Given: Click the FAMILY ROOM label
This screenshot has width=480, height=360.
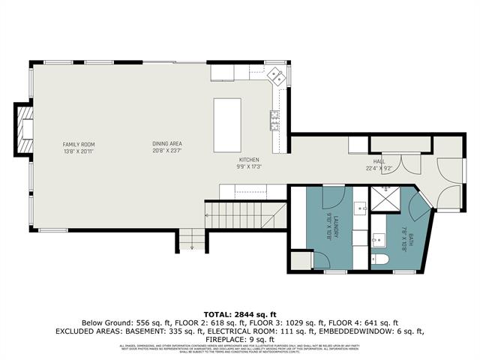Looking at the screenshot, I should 78,143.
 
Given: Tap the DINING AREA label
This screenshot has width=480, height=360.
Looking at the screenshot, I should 167,143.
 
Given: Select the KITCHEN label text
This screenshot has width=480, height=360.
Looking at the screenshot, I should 249,160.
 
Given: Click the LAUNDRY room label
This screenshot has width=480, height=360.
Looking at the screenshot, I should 338,225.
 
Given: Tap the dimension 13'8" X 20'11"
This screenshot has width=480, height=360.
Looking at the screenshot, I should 78,150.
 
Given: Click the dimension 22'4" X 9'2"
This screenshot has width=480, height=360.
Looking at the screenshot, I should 379,169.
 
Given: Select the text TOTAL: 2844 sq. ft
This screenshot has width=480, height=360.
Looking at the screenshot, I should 240,313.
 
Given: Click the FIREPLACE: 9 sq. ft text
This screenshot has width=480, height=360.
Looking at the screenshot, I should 240,337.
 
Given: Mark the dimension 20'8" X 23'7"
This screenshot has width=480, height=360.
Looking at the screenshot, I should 167,150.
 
